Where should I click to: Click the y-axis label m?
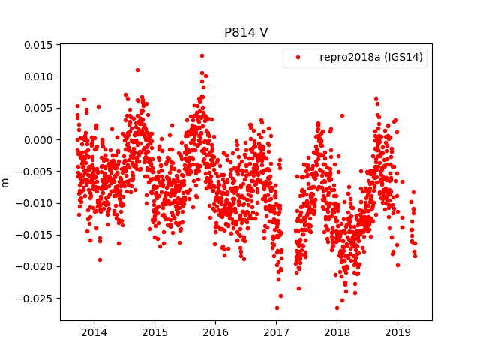[6, 182]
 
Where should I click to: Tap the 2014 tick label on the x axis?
[94, 331]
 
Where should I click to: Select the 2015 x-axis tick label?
[154, 331]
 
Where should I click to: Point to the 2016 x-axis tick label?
[215, 331]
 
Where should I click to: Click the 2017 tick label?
[276, 331]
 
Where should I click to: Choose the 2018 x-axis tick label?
[337, 331]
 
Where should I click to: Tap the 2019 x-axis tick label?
[397, 331]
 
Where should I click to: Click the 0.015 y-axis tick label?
[38, 45]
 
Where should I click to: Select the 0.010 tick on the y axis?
[38, 76]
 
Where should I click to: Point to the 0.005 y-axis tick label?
[38, 108]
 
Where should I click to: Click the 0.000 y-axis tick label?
[38, 139]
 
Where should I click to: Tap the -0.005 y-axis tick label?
[36, 172]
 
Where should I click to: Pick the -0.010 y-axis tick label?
[36, 203]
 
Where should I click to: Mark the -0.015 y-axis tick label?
[36, 235]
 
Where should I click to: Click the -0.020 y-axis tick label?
[36, 266]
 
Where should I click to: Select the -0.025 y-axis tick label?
[36, 298]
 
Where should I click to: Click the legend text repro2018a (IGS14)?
[371, 58]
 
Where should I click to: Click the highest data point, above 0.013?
[202, 55]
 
